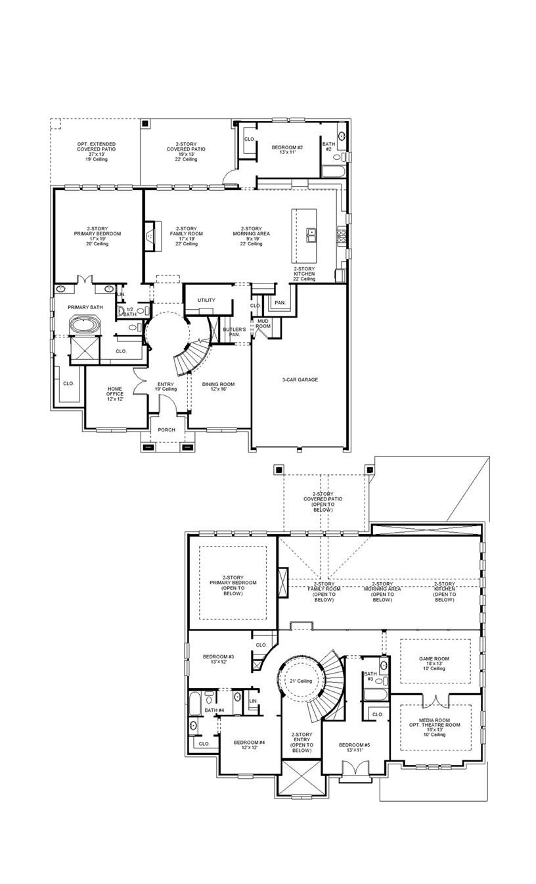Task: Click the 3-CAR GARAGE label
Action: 300,380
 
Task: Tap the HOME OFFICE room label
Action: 115,393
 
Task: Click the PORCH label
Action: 167,430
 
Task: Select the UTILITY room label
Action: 206,301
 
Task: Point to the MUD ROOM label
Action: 263,324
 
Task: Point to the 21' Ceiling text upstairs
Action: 301,681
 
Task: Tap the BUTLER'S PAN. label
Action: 234,331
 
